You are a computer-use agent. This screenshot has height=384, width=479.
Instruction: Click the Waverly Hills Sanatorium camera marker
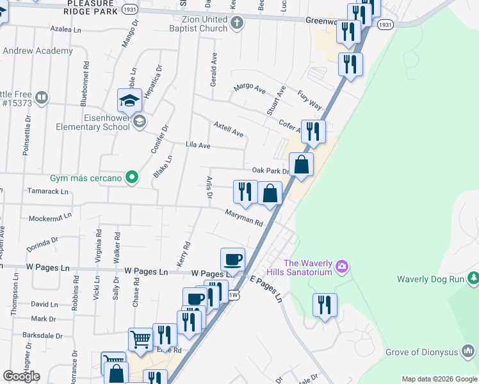[342, 266]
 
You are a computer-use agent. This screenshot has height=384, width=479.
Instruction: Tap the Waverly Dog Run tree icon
[473, 278]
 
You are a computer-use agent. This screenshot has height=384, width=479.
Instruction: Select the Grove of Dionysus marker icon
[469, 351]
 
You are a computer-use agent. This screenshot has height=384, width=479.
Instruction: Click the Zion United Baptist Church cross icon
[237, 24]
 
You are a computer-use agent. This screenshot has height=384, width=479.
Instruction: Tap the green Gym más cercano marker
[132, 177]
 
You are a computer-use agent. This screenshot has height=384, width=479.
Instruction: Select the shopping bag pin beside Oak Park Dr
[301, 166]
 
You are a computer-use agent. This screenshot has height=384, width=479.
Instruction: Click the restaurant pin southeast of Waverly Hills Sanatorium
[325, 306]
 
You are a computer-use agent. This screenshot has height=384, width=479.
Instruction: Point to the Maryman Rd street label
[244, 218]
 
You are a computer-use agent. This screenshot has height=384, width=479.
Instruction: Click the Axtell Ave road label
[229, 129]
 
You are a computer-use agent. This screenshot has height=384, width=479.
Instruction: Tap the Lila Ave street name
[198, 145]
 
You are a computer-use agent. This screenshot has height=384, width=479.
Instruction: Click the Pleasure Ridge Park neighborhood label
[90, 7]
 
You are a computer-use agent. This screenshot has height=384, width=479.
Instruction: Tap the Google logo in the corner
[21, 376]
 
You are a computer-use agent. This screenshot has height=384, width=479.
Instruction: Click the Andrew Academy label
[38, 51]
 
